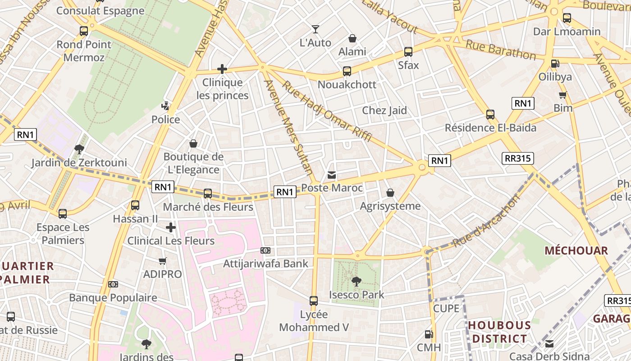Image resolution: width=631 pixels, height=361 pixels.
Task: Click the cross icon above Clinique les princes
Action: click(x=222, y=69)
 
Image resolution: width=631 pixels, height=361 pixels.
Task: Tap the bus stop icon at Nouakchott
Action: click(x=347, y=71)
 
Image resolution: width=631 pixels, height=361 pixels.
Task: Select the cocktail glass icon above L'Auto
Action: click(x=315, y=29)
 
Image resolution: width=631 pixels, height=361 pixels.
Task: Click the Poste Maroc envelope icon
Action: click(x=332, y=175)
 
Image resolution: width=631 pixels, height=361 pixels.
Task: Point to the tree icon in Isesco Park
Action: click(x=357, y=282)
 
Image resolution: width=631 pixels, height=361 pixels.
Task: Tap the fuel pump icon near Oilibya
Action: click(x=555, y=64)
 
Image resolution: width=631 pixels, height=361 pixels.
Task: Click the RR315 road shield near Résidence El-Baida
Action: click(x=517, y=158)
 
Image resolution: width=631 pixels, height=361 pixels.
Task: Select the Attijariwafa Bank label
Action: click(x=266, y=264)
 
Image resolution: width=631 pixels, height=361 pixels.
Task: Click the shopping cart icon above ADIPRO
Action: click(x=163, y=261)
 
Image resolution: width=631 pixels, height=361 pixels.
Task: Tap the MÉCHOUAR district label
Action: click(x=576, y=250)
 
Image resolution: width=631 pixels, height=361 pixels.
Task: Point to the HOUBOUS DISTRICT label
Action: click(x=499, y=332)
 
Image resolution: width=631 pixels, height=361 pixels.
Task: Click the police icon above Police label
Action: click(x=166, y=106)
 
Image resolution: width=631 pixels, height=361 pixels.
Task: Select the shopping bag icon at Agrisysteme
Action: click(x=390, y=193)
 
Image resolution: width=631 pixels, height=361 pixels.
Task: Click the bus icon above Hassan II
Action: click(x=135, y=205)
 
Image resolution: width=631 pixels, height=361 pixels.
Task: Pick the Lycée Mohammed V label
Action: click(x=314, y=321)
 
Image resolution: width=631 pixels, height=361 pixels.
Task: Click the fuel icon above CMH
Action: click(x=429, y=334)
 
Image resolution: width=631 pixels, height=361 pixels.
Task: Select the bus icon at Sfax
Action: click(x=408, y=52)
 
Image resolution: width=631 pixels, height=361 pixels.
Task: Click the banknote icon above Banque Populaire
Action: click(x=113, y=284)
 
